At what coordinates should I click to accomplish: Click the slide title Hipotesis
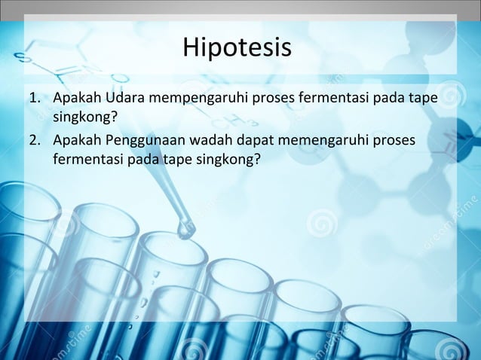click(x=236, y=48)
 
